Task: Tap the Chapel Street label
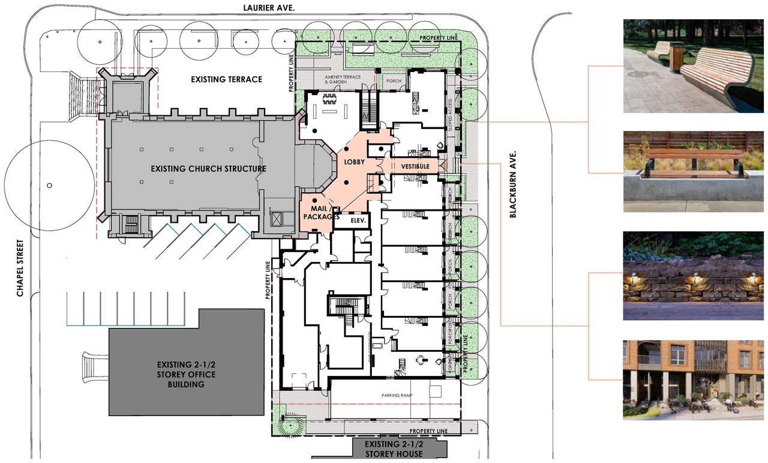point(20,268)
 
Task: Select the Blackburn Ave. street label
point(513,184)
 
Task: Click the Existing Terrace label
point(226,79)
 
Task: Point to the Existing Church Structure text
point(208,169)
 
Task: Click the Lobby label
point(354,162)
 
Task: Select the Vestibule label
point(411,166)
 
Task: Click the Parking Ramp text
point(398,396)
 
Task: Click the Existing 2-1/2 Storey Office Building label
point(186,374)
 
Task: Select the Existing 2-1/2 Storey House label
point(394,450)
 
